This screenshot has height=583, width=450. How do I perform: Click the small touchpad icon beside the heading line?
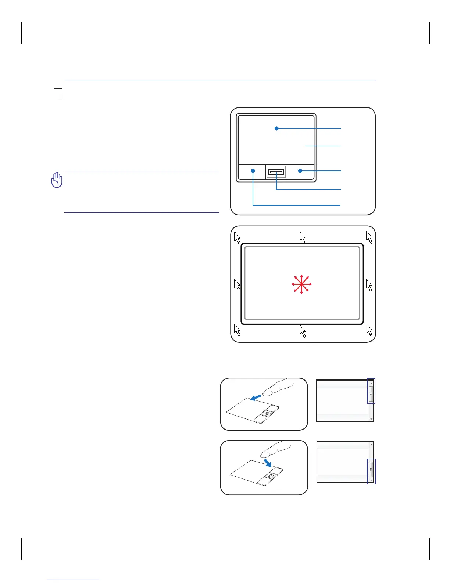(58, 94)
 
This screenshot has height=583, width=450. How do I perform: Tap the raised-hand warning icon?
(57, 180)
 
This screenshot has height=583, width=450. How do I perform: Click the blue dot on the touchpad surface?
(276, 128)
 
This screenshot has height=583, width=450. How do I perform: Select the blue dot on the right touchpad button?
(300, 171)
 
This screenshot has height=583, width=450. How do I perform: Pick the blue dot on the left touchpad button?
(253, 171)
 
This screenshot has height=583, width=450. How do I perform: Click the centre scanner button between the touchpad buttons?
(276, 172)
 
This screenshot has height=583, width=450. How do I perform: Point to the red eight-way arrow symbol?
(301, 284)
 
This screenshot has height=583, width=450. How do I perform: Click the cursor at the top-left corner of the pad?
(237, 238)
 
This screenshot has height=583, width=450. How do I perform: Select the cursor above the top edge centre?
(302, 237)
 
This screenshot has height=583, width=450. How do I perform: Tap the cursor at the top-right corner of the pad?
(369, 237)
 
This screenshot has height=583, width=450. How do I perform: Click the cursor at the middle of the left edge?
(237, 285)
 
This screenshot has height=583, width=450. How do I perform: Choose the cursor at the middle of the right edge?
(369, 285)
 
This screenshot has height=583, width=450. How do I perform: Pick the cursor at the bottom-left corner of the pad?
(237, 330)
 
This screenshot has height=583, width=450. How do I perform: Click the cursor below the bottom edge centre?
(303, 331)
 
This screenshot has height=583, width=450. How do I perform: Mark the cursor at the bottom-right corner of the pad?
(369, 330)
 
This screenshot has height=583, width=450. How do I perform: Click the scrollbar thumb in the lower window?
(371, 469)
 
